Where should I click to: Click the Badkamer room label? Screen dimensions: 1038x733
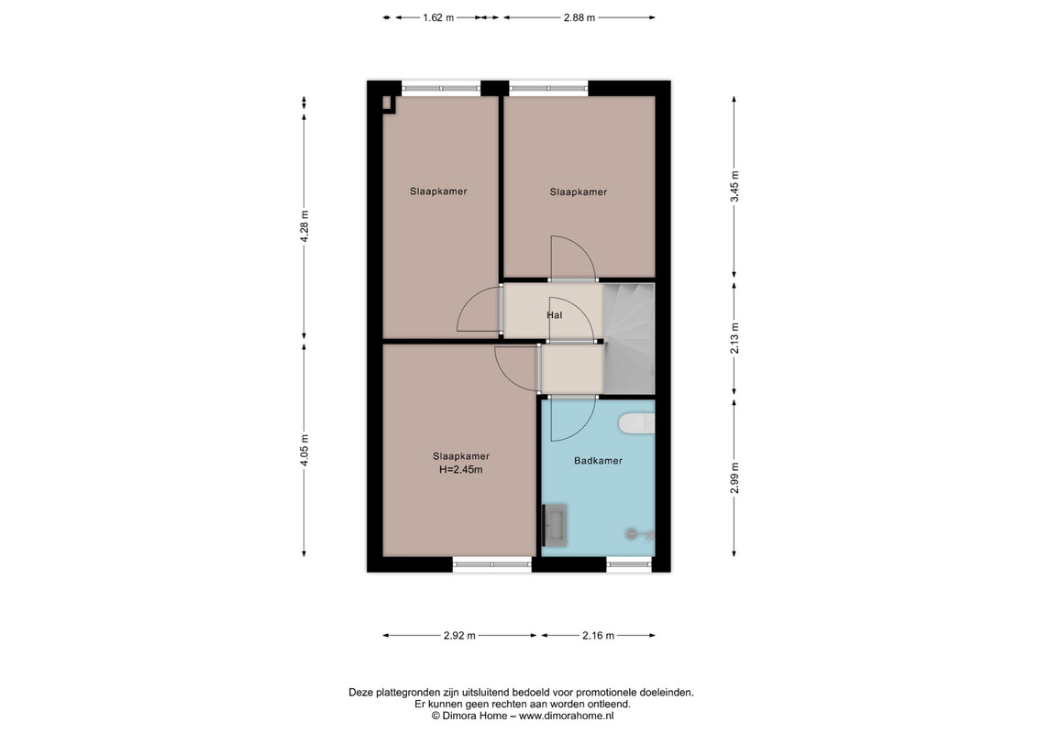pyautogui.click(x=598, y=461)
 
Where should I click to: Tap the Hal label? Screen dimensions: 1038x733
pyautogui.click(x=554, y=315)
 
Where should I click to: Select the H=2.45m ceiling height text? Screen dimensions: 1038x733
pyautogui.click(x=460, y=470)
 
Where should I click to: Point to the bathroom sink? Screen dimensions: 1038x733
pyautogui.click(x=555, y=525)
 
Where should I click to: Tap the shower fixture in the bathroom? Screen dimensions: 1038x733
pyautogui.click(x=639, y=533)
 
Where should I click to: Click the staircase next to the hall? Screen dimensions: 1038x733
pyautogui.click(x=629, y=339)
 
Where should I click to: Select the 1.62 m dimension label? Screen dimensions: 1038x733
pyautogui.click(x=438, y=17)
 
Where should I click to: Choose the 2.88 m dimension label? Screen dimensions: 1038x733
pyautogui.click(x=580, y=17)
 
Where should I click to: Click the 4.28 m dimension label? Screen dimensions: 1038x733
pyautogui.click(x=304, y=226)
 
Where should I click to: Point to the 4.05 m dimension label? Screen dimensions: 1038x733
pyautogui.click(x=304, y=450)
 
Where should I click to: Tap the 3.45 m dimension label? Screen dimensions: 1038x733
pyautogui.click(x=734, y=187)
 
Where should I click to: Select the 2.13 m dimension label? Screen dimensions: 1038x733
pyautogui.click(x=734, y=338)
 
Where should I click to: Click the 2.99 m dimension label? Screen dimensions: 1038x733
pyautogui.click(x=734, y=477)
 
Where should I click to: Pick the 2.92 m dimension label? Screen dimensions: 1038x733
pyautogui.click(x=459, y=635)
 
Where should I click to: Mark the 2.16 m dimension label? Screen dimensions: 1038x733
pyautogui.click(x=599, y=635)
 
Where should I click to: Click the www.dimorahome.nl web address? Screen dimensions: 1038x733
pyautogui.click(x=566, y=716)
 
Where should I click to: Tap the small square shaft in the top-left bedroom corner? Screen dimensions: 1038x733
pyautogui.click(x=389, y=104)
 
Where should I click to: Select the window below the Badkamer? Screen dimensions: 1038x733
pyautogui.click(x=629, y=564)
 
